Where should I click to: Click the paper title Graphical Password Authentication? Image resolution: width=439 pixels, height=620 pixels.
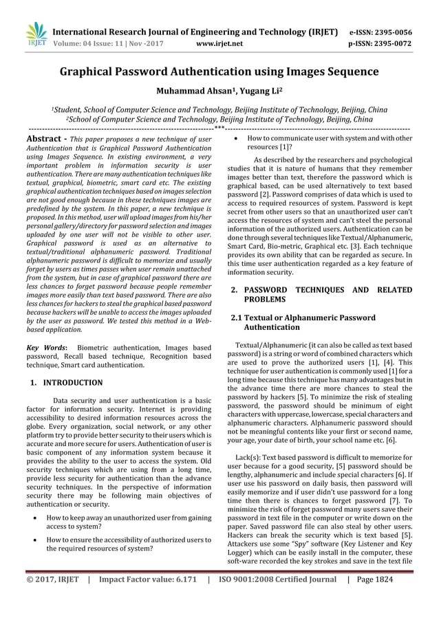point(219,71)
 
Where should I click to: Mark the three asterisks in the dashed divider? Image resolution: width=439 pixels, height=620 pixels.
point(219,128)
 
